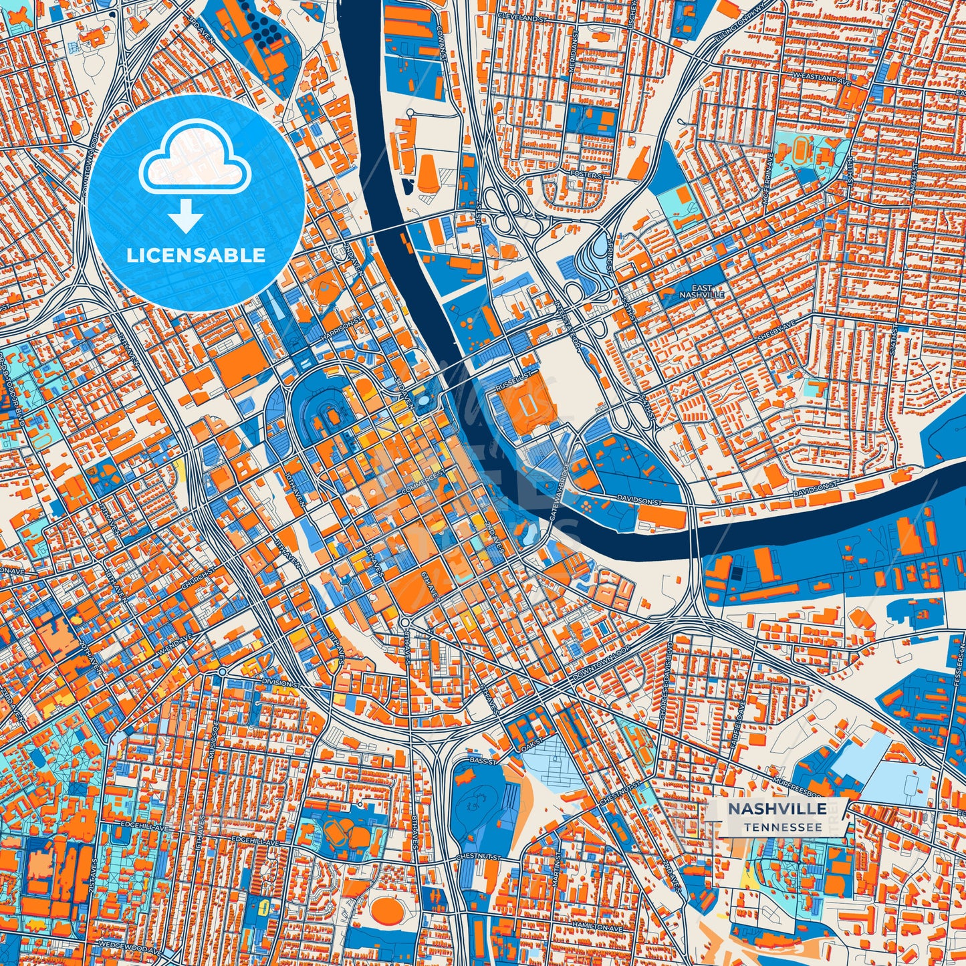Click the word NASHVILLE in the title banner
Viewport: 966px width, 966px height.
[776, 809]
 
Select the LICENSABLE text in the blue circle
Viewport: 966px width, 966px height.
[195, 255]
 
